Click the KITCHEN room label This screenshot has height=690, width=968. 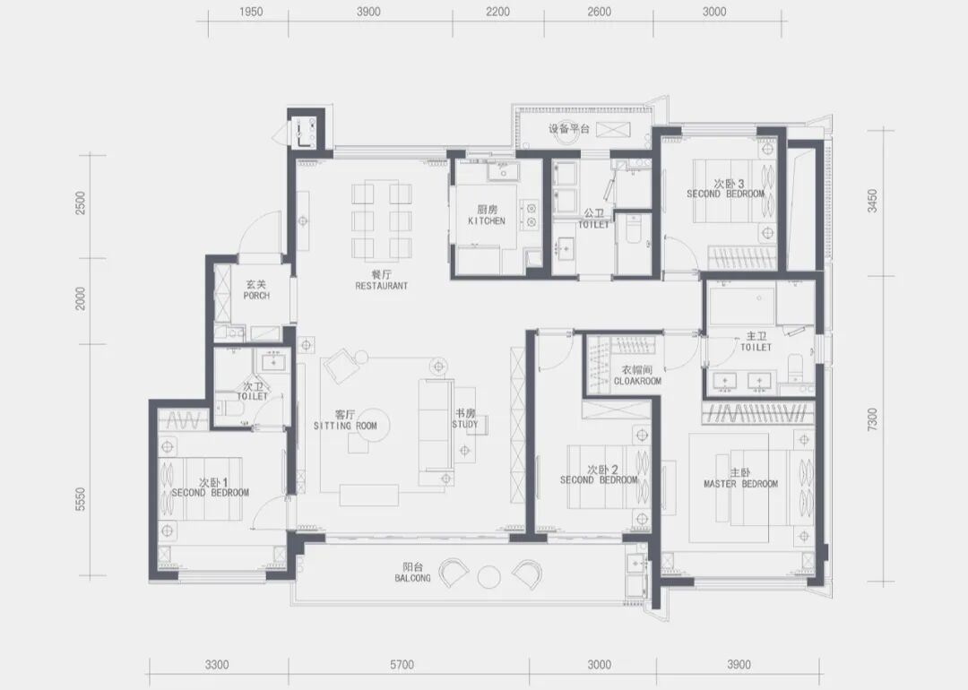click(487, 221)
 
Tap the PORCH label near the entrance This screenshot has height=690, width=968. click(256, 296)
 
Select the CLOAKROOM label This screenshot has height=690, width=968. click(637, 382)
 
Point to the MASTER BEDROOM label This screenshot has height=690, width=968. click(741, 484)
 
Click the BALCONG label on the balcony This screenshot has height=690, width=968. click(412, 578)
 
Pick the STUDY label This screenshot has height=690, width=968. click(465, 424)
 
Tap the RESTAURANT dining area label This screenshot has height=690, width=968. click(382, 286)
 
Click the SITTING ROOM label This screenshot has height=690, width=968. click(345, 426)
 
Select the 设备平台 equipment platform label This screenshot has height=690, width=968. click(569, 129)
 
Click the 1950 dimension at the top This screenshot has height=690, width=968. click(251, 12)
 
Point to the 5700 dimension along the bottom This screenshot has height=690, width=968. click(402, 665)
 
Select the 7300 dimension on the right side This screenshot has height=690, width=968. click(872, 419)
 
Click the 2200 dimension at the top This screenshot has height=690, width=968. click(497, 12)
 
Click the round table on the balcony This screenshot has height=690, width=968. click(489, 577)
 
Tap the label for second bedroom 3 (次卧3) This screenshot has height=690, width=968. click(729, 184)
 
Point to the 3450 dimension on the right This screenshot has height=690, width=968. click(872, 202)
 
